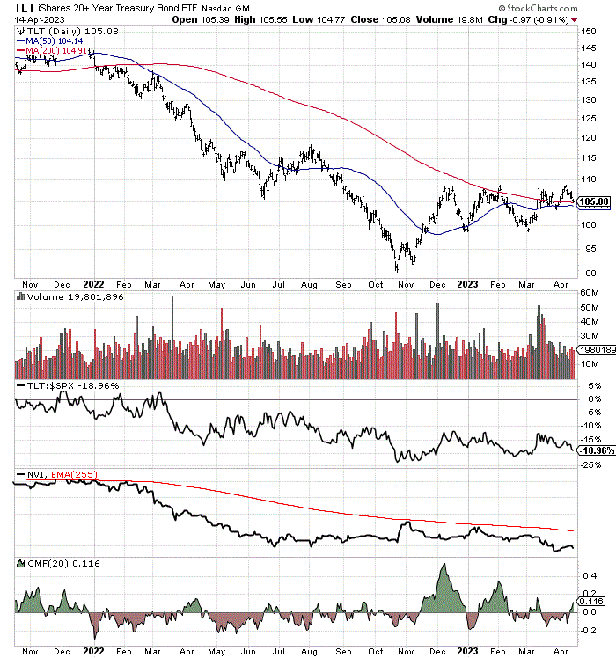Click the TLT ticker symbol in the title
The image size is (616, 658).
(x=13, y=7)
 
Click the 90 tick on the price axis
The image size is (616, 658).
(x=589, y=274)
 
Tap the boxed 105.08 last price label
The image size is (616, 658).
(x=596, y=202)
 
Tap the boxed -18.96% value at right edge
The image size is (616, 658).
(x=597, y=450)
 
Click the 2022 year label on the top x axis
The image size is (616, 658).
(x=94, y=285)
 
